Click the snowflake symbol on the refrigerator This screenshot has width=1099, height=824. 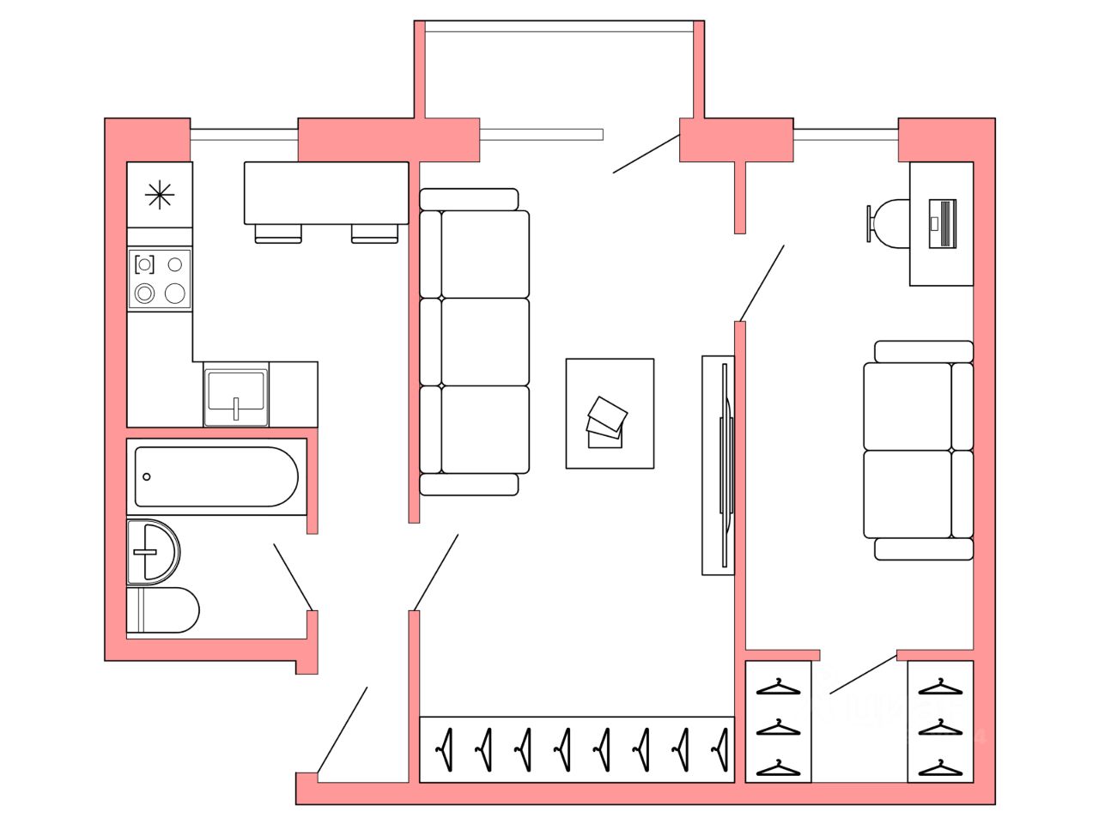point(160,196)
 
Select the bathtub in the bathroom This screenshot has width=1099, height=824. point(216,476)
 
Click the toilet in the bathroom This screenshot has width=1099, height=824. point(165,610)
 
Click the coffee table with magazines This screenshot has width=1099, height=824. point(610,414)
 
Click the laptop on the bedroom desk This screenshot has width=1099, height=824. point(942,223)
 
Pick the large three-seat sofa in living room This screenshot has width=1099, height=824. point(474,342)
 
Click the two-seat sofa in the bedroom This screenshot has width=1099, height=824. point(919,451)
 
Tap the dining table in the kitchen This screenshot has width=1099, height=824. point(325,192)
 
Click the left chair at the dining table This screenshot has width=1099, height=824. point(278,233)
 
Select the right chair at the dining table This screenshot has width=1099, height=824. point(375,233)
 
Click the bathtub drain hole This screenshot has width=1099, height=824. point(147,476)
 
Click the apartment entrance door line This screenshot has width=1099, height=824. point(343,730)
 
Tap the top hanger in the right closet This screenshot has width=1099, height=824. point(940,687)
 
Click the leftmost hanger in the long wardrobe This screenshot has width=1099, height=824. point(445,748)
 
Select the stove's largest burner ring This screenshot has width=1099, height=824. point(175,294)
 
